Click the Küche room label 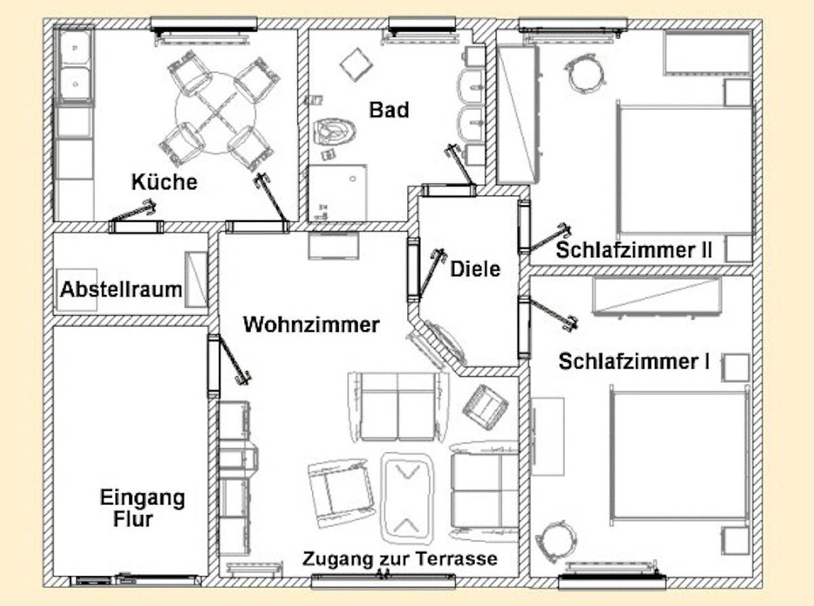click(x=164, y=182)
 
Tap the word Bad click(x=389, y=109)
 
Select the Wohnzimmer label click(x=311, y=324)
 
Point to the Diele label click(x=475, y=268)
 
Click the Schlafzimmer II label click(x=633, y=250)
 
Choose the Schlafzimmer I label click(x=633, y=361)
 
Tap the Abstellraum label click(x=121, y=290)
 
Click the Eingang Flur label click(x=142, y=507)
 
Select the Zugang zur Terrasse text click(x=399, y=559)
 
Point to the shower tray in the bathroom click(x=337, y=192)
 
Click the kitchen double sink click(x=74, y=64)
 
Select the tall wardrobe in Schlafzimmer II click(x=516, y=114)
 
